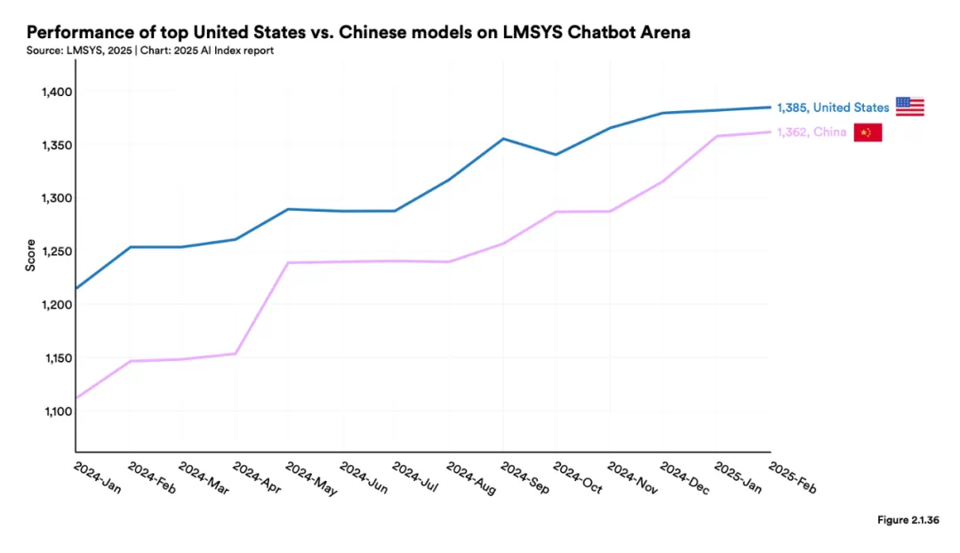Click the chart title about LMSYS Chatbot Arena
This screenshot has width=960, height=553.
pos(359,33)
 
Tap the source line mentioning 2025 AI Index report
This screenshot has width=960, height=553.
pos(150,51)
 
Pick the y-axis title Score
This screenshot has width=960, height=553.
pos(30,254)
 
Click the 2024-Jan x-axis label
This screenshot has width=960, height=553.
pos(97,478)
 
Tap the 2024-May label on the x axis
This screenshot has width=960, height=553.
pos(311,478)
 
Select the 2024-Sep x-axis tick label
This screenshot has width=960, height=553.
pos(524,478)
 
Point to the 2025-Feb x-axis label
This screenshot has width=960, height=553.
pos(791,478)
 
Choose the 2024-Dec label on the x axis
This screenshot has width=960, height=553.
pos(684,478)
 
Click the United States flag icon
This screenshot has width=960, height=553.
pos(909,107)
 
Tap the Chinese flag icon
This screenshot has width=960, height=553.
pos(868,132)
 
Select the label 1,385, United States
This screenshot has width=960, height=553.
pos(833,108)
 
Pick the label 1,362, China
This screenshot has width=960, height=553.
pos(812,132)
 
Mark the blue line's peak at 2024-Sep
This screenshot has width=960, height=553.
pos(502,139)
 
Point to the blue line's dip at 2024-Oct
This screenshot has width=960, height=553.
pos(556,155)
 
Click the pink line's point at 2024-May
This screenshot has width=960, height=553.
pos(289,263)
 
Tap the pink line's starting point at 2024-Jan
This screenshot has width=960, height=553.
pos(76,397)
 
